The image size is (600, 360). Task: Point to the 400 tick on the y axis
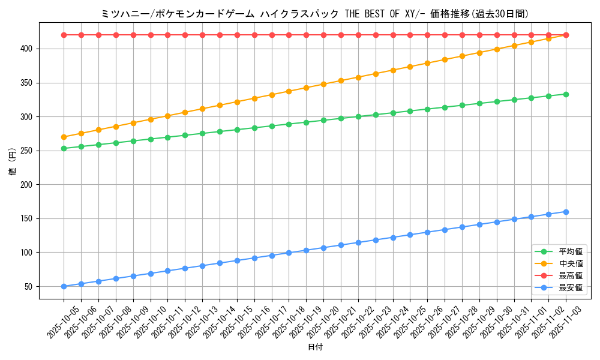tap(28, 49)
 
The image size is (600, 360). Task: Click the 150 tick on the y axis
tap(28, 218)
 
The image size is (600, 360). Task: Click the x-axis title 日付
tap(315, 347)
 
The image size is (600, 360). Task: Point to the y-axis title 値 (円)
tap(12, 162)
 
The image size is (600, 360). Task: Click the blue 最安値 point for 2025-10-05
tap(64, 286)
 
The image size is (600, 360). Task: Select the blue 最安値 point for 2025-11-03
tap(566, 212)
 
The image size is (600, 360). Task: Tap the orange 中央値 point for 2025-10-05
tap(64, 137)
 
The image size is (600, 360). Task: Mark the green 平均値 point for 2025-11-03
tap(566, 94)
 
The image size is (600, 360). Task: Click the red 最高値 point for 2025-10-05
tap(64, 35)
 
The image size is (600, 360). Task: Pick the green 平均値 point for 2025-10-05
tap(64, 148)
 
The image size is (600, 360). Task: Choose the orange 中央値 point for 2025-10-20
tap(323, 84)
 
